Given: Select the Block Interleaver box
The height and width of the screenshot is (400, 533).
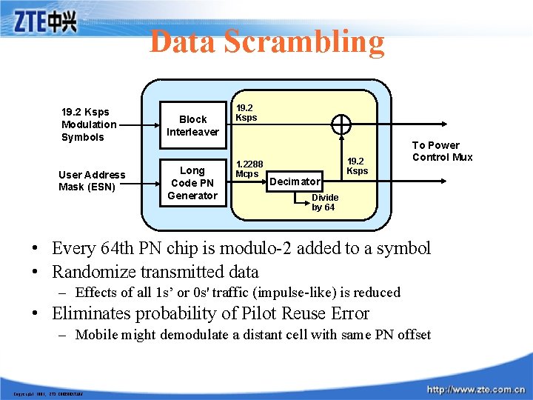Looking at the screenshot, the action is click(192, 125).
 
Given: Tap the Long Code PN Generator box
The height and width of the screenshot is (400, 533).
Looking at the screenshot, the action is click(192, 183).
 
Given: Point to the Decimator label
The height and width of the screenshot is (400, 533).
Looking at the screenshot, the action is click(295, 181).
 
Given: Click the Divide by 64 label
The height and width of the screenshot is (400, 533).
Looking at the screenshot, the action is click(324, 202).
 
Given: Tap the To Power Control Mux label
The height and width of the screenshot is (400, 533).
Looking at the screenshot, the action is click(442, 151).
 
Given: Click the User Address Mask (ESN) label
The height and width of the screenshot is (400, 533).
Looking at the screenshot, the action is click(92, 181).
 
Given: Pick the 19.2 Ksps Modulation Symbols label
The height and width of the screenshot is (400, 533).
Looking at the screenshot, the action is click(89, 124).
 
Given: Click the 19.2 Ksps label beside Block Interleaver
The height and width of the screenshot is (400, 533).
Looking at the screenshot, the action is click(246, 112).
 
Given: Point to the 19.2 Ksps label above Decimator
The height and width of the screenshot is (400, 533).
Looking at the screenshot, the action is click(357, 166).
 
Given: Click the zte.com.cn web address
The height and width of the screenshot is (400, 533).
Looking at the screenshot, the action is click(475, 389).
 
